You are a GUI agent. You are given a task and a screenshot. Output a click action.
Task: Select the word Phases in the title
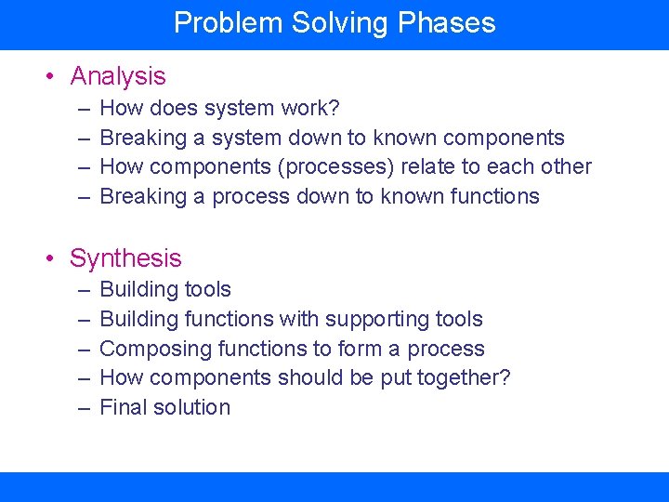tap(447, 23)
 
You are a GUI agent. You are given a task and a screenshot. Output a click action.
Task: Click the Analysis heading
tap(118, 76)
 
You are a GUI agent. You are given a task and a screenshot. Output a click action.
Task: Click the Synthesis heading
tap(125, 258)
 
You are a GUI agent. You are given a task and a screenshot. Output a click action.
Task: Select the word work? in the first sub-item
tap(311, 109)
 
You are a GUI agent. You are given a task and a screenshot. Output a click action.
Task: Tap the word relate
tap(428, 167)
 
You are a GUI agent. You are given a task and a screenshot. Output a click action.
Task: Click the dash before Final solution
tap(83, 407)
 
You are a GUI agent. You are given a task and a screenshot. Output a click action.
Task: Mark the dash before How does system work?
tap(83, 109)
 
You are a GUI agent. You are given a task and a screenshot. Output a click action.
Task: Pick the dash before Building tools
tap(83, 290)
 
